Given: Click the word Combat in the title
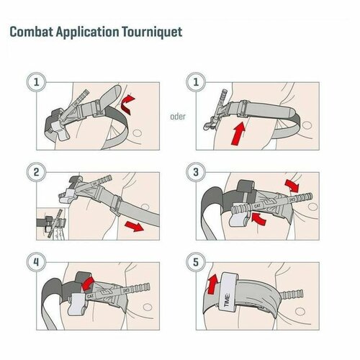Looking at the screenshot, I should [32, 34].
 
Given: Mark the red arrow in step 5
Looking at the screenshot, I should [212, 279].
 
